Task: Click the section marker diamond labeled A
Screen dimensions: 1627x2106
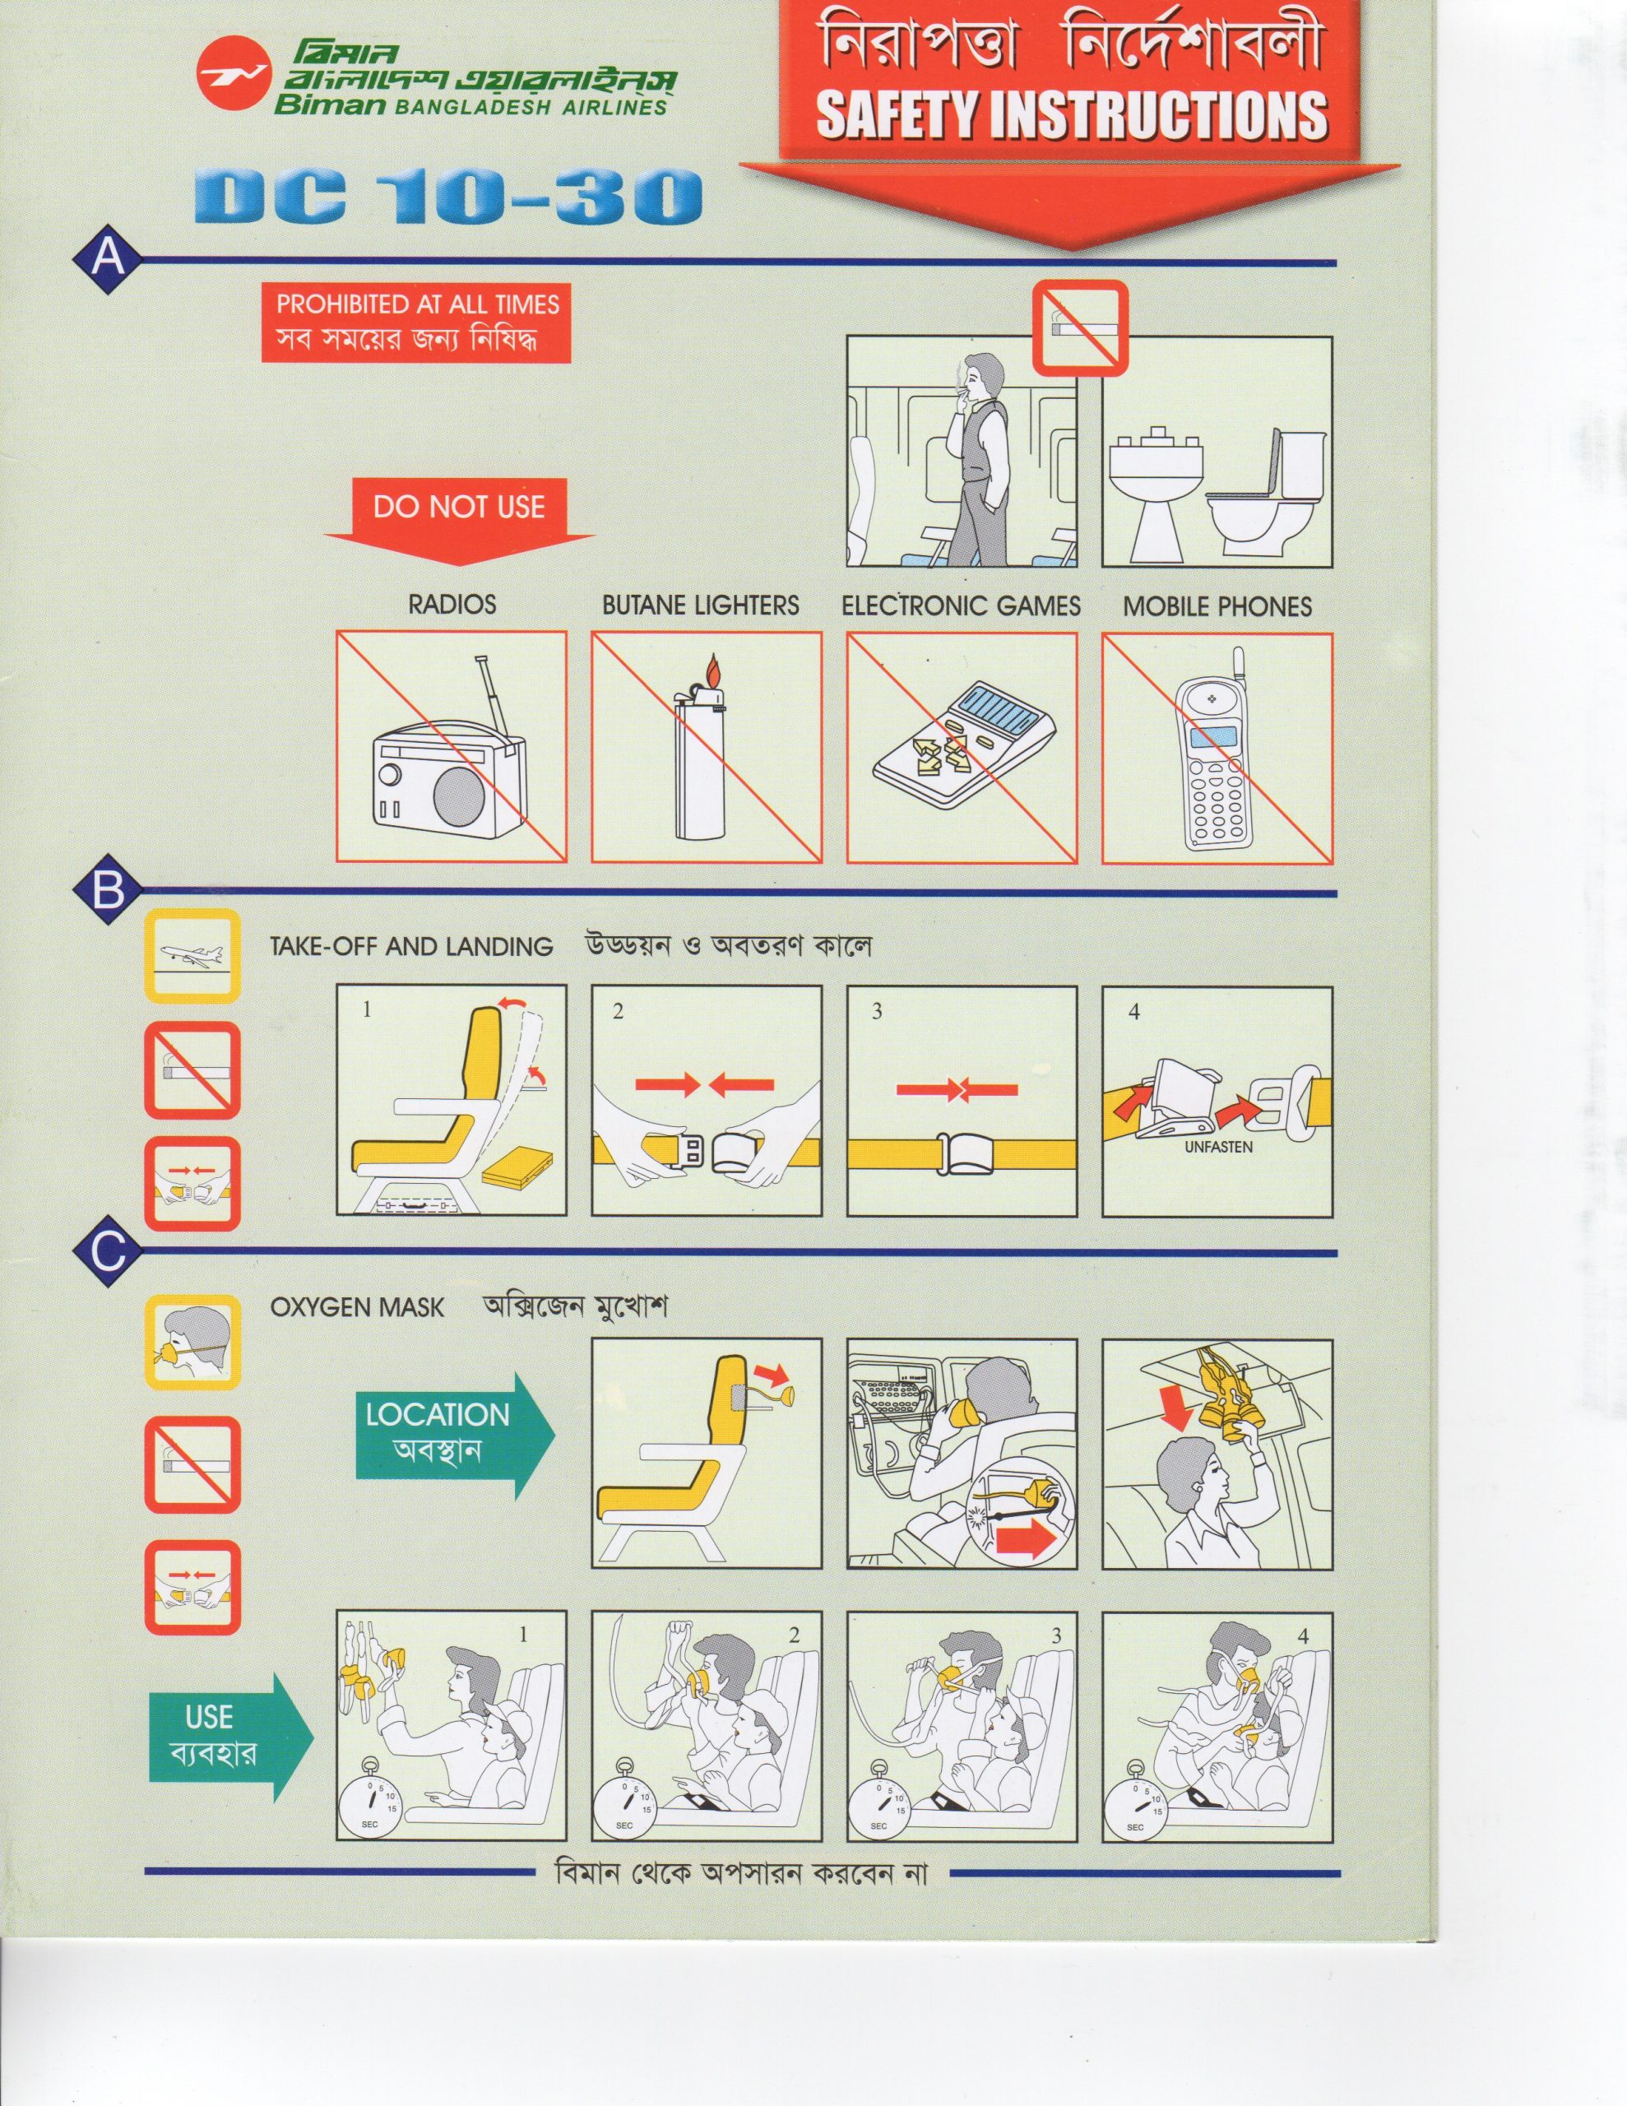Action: [108, 260]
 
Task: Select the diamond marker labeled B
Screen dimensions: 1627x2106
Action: [108, 892]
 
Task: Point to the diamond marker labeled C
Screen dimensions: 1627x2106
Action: [108, 1253]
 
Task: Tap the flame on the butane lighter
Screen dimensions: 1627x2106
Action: [712, 670]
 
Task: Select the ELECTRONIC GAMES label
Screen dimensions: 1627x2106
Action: [961, 606]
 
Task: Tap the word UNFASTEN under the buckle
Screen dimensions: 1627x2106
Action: [1219, 1148]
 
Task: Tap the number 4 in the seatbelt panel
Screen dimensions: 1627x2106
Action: [1134, 1012]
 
